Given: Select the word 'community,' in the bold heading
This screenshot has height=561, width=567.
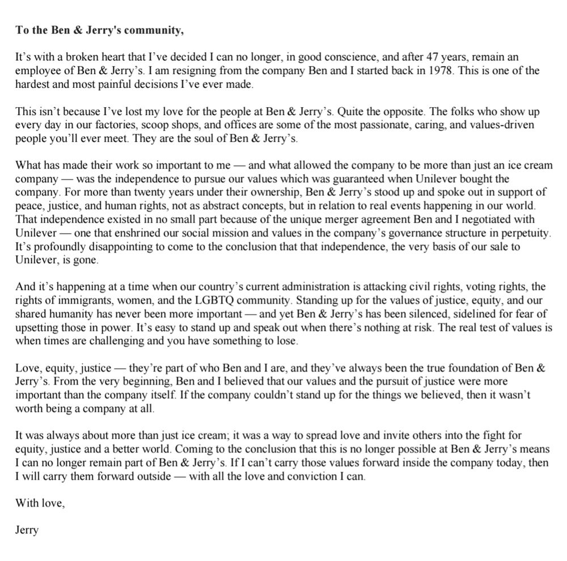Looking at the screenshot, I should (155, 31).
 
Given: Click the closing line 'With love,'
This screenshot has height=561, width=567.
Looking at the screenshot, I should (40, 503).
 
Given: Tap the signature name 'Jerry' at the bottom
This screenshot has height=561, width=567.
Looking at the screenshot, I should (27, 530).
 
